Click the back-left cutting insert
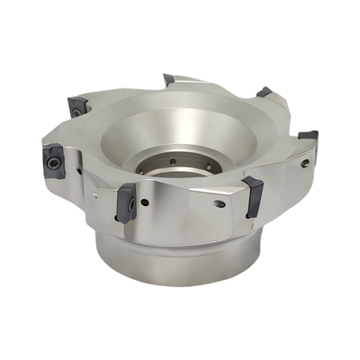click(78, 105)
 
